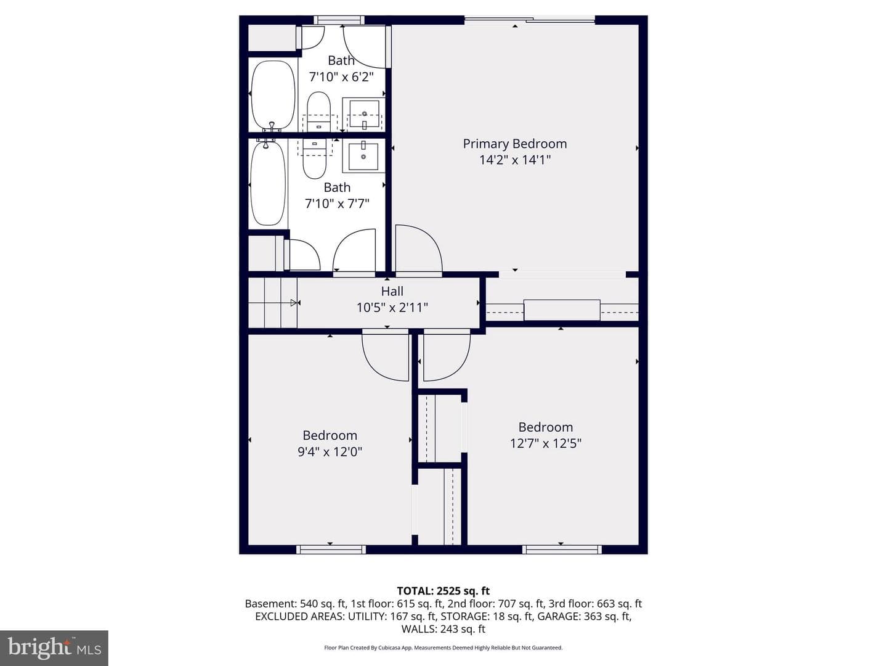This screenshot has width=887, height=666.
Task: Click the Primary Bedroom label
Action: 514,144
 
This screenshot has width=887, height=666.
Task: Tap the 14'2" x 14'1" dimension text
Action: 515,160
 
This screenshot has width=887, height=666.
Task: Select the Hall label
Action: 392,291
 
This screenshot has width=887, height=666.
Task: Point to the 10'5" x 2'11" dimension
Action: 392,308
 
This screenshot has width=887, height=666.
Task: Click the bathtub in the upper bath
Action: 273,94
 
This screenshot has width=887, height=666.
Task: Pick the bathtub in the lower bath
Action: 268,183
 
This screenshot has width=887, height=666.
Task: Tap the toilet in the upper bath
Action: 319,111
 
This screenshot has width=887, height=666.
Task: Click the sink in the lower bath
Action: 363,155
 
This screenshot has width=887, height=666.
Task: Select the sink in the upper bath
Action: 364,114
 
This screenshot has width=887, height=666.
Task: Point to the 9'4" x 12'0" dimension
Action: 330,451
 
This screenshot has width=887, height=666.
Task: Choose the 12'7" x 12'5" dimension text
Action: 546,443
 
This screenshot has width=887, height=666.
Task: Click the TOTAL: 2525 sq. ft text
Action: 443,591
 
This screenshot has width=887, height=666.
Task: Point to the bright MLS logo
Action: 54,648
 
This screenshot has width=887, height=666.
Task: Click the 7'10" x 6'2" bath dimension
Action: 341,77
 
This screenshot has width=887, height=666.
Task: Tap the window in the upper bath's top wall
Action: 339,20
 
